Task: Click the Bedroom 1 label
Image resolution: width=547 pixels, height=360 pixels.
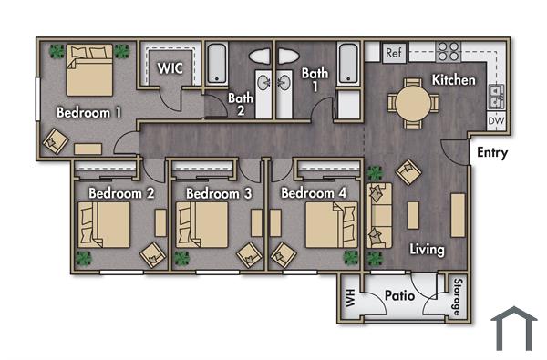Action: (x=89, y=113)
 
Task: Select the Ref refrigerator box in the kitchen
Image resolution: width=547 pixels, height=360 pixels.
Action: (x=394, y=53)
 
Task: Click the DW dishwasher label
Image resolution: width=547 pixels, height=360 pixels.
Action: (x=496, y=120)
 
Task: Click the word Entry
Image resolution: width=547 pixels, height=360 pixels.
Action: (x=492, y=153)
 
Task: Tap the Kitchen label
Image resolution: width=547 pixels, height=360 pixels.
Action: (x=454, y=80)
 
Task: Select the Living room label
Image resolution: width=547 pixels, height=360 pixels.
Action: (x=427, y=249)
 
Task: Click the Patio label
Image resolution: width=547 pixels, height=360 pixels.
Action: (x=399, y=296)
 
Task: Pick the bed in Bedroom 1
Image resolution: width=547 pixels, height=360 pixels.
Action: (x=88, y=69)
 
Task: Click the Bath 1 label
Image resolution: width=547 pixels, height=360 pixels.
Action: (x=315, y=79)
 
